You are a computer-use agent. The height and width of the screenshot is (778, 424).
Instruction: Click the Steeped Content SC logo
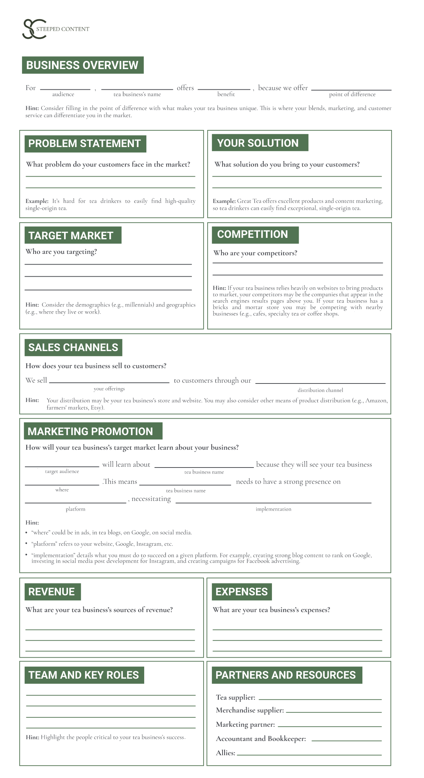click(35, 29)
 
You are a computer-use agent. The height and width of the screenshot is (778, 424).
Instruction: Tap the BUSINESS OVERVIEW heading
click(83, 65)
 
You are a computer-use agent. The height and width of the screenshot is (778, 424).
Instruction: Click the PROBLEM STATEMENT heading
click(85, 143)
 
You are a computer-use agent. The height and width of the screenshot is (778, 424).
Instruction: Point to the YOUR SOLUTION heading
click(258, 143)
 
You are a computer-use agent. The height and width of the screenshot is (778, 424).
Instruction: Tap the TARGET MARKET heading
click(71, 235)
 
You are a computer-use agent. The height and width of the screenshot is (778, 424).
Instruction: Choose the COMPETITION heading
click(253, 234)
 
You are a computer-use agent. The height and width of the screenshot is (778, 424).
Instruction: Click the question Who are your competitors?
click(255, 253)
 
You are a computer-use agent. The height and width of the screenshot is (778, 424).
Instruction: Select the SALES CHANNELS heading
click(73, 348)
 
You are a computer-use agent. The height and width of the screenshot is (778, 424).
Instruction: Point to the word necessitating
click(151, 499)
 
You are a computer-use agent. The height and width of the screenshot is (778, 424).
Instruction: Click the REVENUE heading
click(52, 592)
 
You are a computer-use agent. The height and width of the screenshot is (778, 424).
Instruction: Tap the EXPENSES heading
click(242, 592)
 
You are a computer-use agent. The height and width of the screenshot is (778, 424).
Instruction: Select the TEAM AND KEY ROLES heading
click(84, 675)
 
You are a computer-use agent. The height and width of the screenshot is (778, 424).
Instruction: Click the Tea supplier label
click(236, 698)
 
